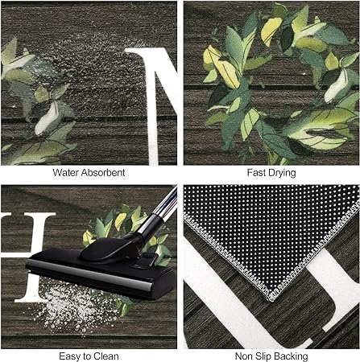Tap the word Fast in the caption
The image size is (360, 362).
255,172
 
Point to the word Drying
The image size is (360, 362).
280,173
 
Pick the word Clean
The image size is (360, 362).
106,356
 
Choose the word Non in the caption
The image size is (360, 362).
243,356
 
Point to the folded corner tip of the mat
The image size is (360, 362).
272,299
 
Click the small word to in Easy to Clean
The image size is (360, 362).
87,357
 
